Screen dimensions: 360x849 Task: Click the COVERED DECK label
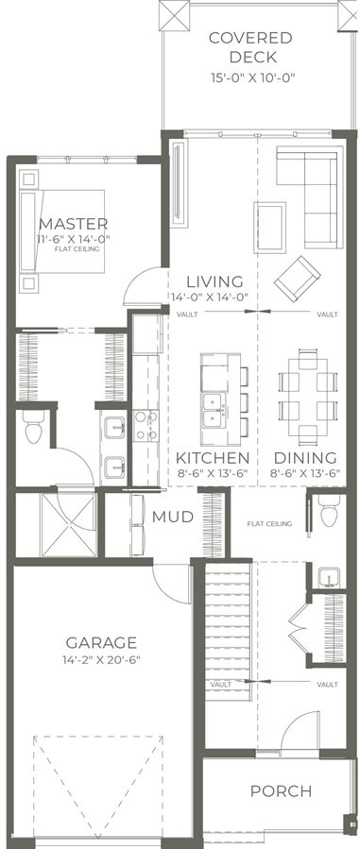click(x=250, y=47)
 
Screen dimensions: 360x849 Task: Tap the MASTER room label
click(x=73, y=223)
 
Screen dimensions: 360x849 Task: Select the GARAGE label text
click(x=101, y=643)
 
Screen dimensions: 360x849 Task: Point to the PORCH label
click(x=281, y=791)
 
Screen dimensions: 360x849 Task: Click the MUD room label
click(x=173, y=517)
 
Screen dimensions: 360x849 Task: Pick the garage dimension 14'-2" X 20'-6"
click(x=101, y=660)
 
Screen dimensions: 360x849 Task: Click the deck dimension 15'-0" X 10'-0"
click(x=252, y=78)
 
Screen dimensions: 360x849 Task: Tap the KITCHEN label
click(x=213, y=457)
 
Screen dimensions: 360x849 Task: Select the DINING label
click(x=305, y=457)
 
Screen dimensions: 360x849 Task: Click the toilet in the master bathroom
click(x=34, y=426)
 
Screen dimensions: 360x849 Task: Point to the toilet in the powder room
click(x=330, y=510)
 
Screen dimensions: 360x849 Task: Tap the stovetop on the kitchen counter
click(x=146, y=426)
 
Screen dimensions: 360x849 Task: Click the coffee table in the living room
click(x=269, y=228)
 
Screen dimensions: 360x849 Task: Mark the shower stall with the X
click(x=69, y=524)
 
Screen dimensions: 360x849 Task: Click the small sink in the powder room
click(x=328, y=577)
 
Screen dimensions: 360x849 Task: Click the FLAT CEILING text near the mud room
click(x=269, y=523)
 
